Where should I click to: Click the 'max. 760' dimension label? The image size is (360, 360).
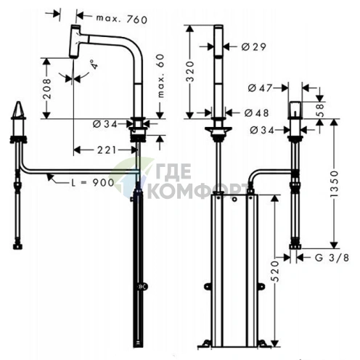coord(122,19)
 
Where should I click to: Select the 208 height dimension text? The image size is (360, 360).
coord(46,89)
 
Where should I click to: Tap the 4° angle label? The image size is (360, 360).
coord(94,65)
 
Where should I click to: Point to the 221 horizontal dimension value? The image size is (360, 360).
coord(107,150)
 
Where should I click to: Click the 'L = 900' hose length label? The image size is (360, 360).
coord(93,183)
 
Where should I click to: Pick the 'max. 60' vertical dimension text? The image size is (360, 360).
coord(160,76)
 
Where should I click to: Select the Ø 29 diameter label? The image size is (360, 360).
coord(254,46)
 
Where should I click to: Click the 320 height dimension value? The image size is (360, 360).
coord(191,71)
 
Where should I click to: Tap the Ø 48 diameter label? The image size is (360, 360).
coord(256,112)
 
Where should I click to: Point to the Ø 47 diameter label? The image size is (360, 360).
coord(260,88)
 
